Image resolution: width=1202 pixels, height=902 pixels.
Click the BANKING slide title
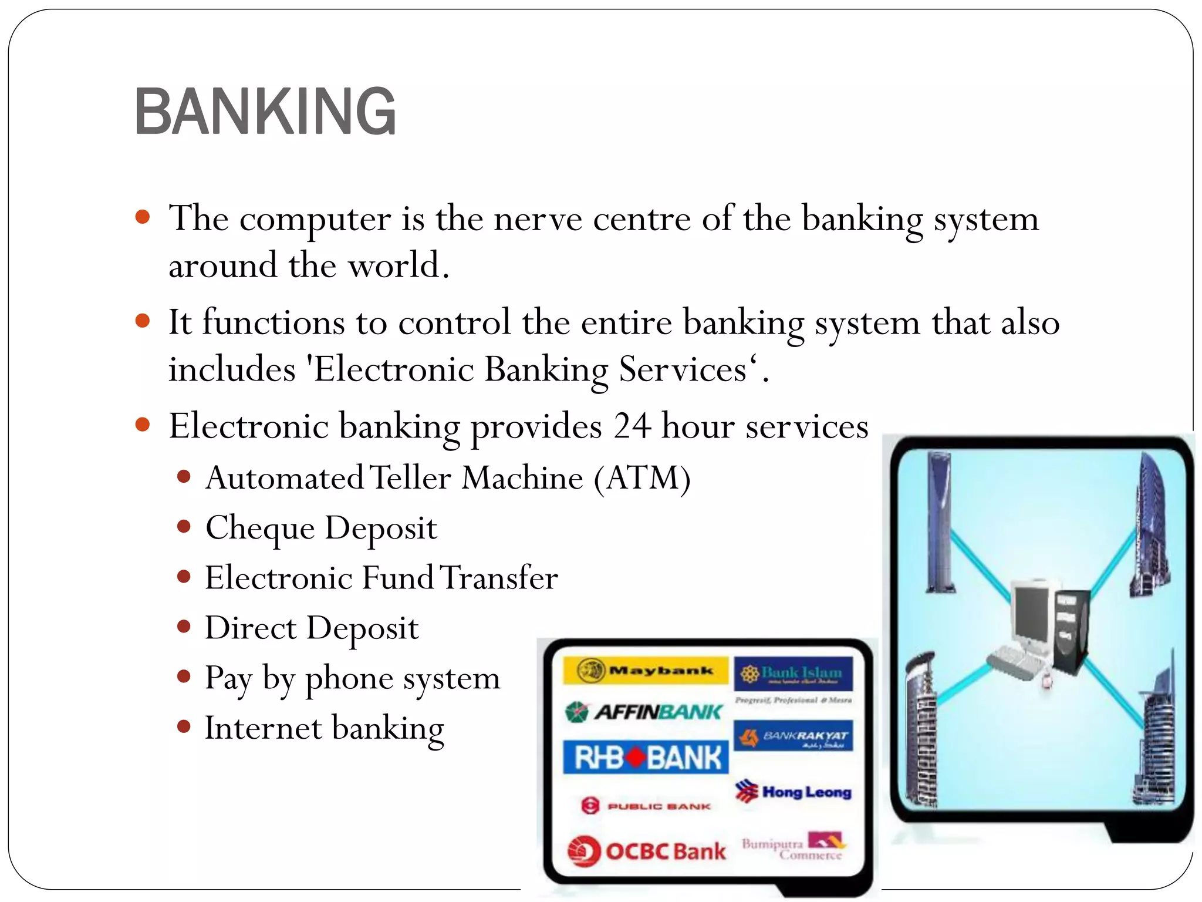coord(265,112)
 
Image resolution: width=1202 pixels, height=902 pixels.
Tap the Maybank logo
coord(646,670)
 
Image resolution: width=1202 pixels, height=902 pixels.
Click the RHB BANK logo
coord(646,757)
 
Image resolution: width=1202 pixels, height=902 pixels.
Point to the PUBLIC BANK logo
coord(646,806)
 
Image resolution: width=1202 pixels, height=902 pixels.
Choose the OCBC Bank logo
coord(647,850)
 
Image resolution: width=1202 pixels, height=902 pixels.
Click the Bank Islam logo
coord(793,673)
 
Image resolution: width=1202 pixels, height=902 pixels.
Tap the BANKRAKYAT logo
coord(794,736)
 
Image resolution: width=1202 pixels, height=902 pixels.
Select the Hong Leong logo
coord(794,792)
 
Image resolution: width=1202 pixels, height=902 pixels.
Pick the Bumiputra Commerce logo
coord(794,846)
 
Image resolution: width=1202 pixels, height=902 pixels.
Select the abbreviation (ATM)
coord(642,477)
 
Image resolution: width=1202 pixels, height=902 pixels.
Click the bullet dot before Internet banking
coord(184,727)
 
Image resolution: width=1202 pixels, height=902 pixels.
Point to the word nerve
coord(538,219)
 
